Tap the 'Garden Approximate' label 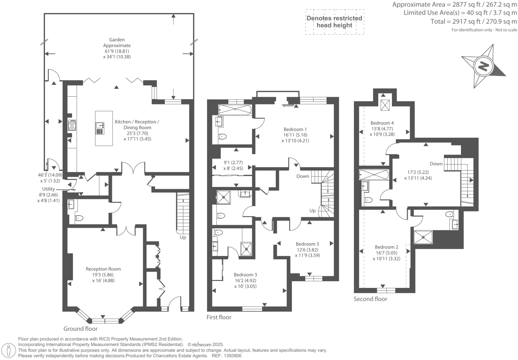pos(117,43)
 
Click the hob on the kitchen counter pos(72,125)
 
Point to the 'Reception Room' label pos(103,269)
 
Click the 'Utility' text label pos(48,189)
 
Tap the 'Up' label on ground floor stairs pos(183,238)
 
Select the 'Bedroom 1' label pos(295,129)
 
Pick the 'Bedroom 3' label pos(245,275)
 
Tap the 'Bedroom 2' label pos(386,247)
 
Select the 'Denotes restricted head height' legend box pos(335,22)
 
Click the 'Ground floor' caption pos(80,329)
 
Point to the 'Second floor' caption pos(370,299)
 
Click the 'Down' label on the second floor pos(436,163)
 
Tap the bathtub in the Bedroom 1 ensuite pos(235,110)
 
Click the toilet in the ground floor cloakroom pos(79,218)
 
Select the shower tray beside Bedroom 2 pos(423,238)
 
